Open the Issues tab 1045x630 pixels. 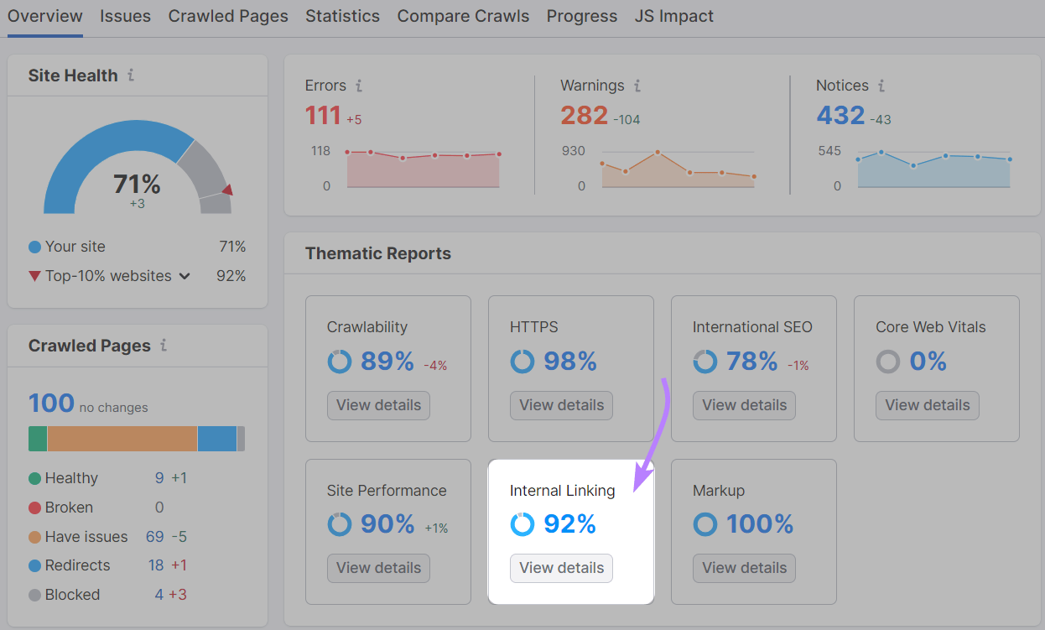pos(125,16)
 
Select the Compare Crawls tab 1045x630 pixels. pos(463,16)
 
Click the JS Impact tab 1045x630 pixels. pos(674,16)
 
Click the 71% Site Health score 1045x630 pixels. pos(137,184)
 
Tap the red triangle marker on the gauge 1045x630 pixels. pos(227,190)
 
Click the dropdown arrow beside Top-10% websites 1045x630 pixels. pos(185,276)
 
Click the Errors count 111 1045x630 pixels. pos(323,115)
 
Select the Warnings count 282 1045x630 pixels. pos(584,115)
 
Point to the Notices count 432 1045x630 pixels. pos(840,115)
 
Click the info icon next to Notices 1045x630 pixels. pos(881,86)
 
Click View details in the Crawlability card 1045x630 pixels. pos(378,405)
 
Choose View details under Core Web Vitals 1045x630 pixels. pos(927,405)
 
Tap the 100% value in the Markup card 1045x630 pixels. pos(760,524)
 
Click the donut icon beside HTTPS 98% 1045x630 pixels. pos(522,362)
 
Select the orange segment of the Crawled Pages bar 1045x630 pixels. pos(122,439)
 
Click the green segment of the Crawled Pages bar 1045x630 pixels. pos(38,439)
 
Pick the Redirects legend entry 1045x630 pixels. pos(77,565)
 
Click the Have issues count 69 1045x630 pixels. pos(154,537)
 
